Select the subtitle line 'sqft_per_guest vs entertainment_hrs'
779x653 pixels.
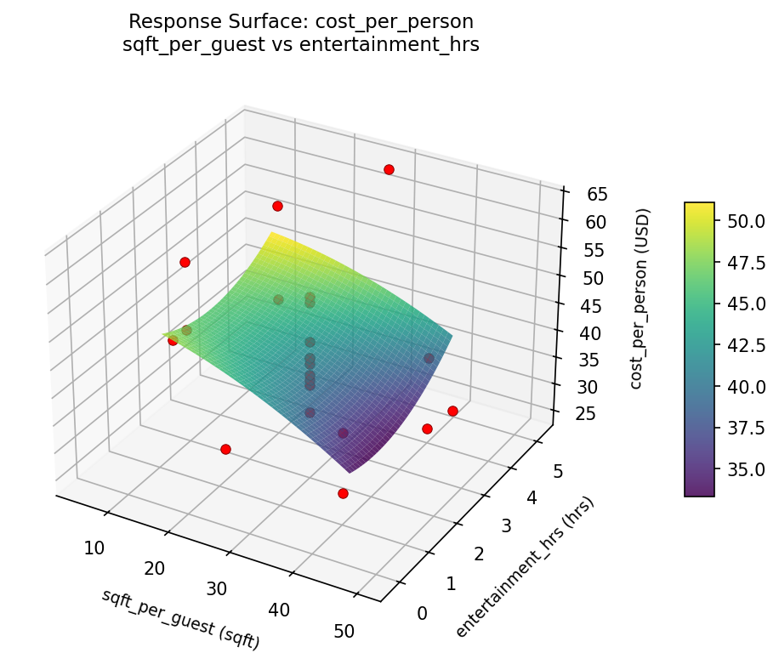(301, 45)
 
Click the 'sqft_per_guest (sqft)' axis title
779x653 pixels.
(180, 619)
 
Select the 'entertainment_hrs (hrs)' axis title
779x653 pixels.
(524, 565)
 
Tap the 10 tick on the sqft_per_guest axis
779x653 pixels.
(94, 548)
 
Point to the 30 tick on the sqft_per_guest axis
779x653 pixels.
(217, 588)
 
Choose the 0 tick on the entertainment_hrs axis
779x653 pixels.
(423, 613)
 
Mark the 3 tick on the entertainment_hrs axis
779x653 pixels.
(504, 526)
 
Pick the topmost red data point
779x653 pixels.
(389, 170)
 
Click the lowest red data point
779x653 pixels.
(343, 493)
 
